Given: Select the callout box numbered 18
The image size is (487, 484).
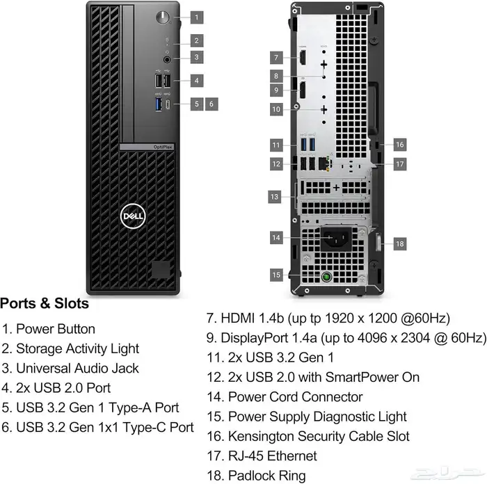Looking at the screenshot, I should coord(399,244).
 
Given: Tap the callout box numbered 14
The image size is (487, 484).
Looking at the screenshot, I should coord(276,238).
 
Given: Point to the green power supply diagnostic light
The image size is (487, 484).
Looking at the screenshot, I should coord(324,277).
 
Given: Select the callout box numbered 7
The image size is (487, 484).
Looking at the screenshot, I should coord(276,58).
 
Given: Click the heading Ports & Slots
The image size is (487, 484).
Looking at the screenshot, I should coord(45,304).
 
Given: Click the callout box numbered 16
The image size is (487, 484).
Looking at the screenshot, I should coord(399,145).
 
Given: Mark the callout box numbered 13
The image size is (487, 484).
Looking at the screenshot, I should coord(275,197).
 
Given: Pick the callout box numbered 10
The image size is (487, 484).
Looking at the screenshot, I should coord(276,109).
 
